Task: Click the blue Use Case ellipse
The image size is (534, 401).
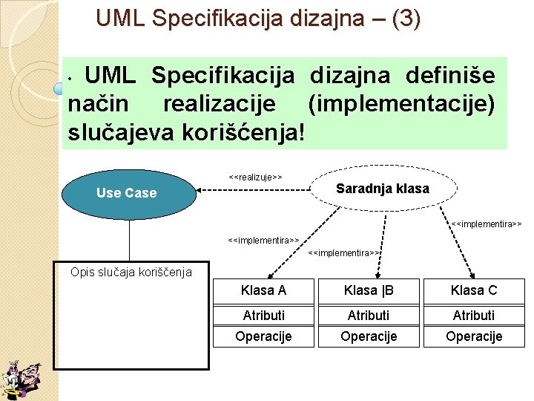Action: [x=127, y=193]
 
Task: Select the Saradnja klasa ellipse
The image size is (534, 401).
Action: [x=382, y=189]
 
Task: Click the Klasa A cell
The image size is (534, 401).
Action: [x=263, y=290]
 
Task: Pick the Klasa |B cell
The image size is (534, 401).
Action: [x=369, y=290]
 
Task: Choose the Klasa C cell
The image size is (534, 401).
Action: [x=474, y=290]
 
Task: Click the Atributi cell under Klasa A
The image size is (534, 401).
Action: [x=263, y=316]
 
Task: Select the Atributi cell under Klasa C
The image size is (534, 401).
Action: [x=474, y=316]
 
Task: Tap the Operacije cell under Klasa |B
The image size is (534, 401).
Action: [x=369, y=336]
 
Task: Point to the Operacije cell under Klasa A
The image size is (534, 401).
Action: [x=263, y=336]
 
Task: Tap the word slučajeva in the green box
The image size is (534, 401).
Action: [x=117, y=133]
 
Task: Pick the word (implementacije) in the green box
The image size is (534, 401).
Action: [x=401, y=105]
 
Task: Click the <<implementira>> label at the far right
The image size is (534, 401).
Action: [x=487, y=223]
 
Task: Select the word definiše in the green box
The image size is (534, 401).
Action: [x=451, y=76]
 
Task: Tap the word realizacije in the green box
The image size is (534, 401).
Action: [x=220, y=105]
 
